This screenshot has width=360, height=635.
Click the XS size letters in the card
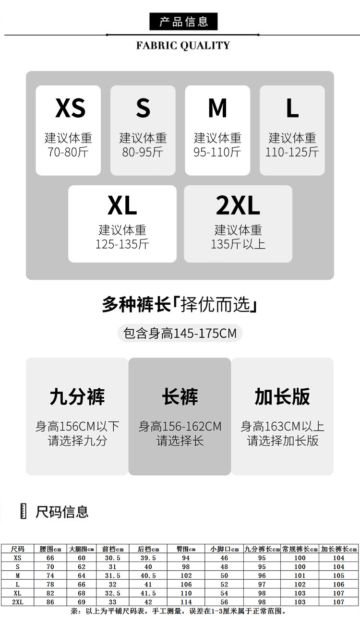click(70, 108)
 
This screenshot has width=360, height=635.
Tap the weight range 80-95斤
click(143, 152)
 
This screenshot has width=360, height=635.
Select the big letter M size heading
click(217, 108)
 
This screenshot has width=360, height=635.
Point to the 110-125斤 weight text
click(292, 152)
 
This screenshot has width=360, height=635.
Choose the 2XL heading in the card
click(238, 205)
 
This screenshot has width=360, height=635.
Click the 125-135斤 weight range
click(122, 244)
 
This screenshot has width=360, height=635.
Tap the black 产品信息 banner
click(183, 22)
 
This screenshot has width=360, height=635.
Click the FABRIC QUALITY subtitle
click(183, 46)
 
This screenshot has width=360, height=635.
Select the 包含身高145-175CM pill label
click(180, 333)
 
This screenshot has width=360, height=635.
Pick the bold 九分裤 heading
click(77, 397)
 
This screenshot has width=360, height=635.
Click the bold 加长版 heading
click(282, 397)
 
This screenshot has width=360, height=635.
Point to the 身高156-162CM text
click(180, 426)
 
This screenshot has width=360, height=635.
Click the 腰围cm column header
click(50, 549)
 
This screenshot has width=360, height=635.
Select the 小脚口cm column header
click(224, 549)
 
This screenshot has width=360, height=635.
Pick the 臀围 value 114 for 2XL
click(186, 602)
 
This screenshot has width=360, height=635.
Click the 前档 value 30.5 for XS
click(112, 558)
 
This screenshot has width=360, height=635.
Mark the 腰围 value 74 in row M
click(50, 575)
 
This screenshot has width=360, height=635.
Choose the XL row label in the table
click(17, 593)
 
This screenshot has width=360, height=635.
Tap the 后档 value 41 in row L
click(148, 585)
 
